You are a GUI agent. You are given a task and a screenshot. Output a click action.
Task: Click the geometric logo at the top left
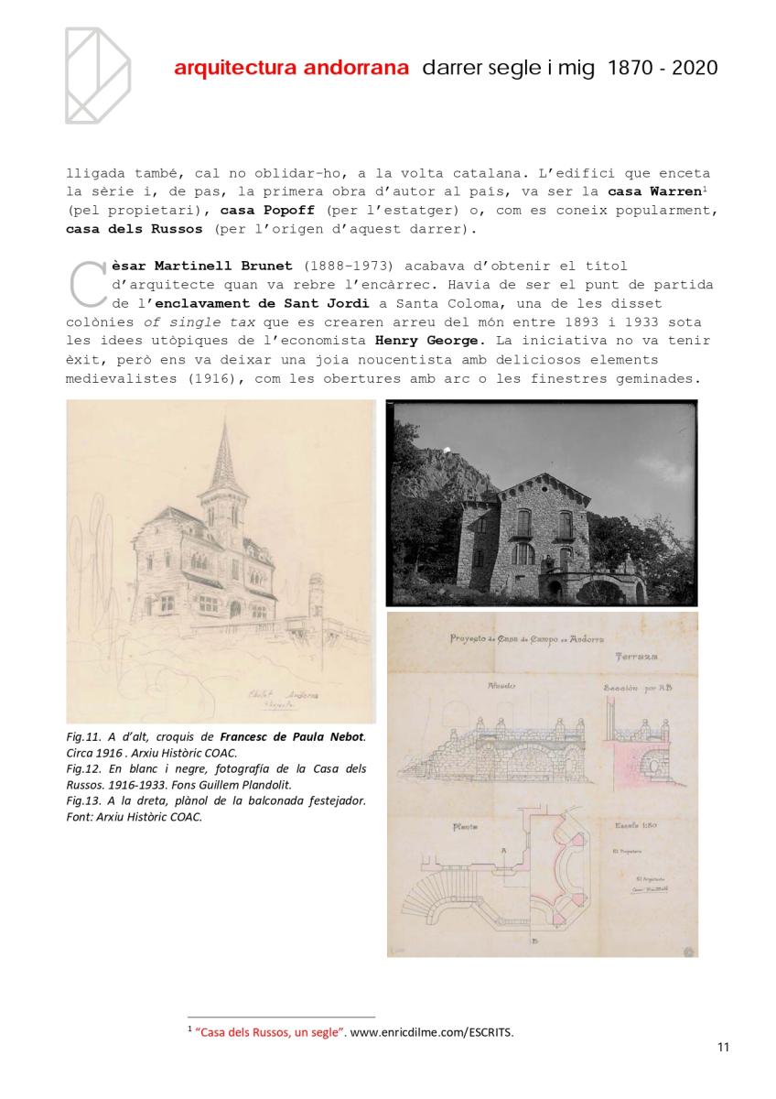pos(96,75)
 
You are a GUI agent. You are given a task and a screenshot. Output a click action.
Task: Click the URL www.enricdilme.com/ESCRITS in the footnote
pos(432,1033)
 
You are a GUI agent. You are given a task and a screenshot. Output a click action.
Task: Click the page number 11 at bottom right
pos(723,1049)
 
